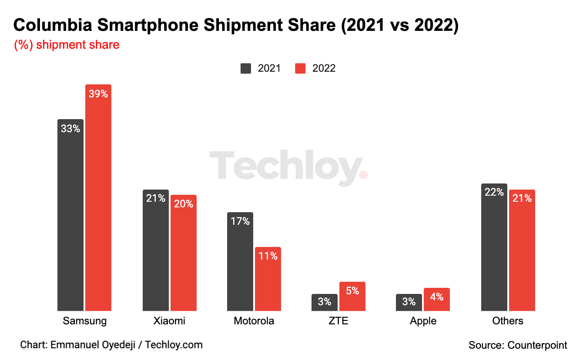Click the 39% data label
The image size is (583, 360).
click(98, 93)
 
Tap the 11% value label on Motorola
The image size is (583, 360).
click(268, 256)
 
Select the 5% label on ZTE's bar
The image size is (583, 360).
click(352, 291)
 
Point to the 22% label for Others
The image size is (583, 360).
click(494, 192)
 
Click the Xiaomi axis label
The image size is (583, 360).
click(169, 321)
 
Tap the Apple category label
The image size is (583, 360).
click(423, 321)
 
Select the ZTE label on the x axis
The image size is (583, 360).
click(338, 321)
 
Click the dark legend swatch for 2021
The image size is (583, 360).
click(246, 68)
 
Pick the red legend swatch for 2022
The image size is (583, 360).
click(300, 68)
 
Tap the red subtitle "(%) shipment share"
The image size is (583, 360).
click(67, 45)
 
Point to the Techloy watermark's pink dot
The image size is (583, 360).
click(363, 174)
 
